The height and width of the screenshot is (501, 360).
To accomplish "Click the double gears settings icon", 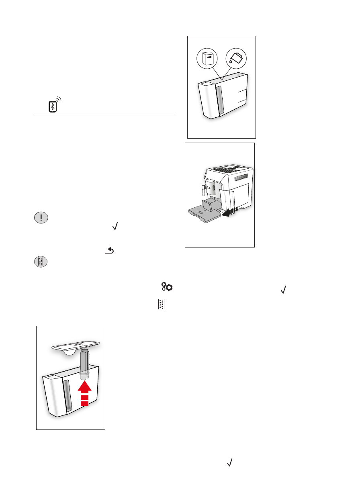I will [x=167, y=286].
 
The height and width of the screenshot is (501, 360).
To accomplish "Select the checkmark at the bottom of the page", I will [x=230, y=463].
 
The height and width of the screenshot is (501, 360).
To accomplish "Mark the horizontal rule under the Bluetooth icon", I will [x=104, y=115].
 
